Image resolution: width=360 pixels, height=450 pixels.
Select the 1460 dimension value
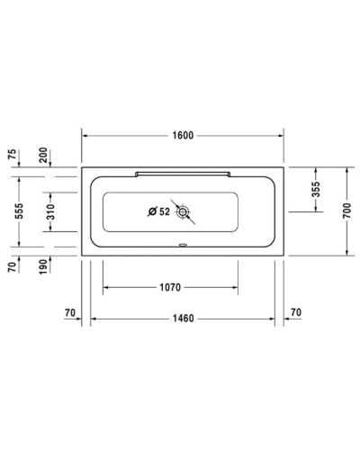[184, 318]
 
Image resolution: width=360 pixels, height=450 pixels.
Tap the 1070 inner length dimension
[170, 288]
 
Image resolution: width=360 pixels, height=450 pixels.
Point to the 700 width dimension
[346, 211]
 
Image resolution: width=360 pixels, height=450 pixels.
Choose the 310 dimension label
[52, 212]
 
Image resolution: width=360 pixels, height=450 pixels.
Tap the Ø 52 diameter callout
[158, 212]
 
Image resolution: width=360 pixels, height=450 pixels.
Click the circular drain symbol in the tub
[184, 212]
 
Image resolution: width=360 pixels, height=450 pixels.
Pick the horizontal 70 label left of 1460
[70, 312]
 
